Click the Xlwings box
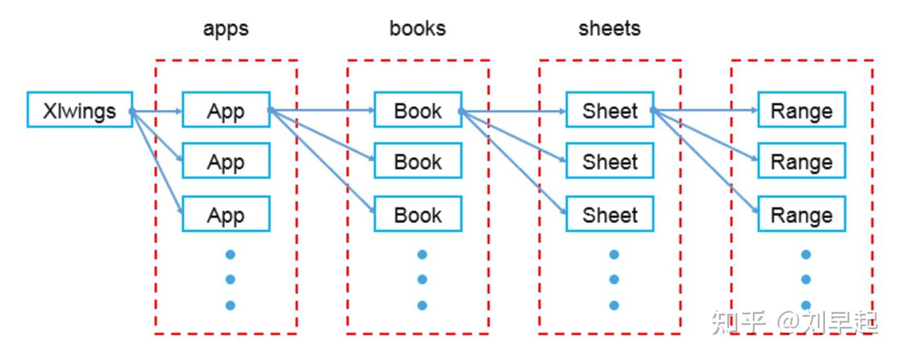tap(80, 110)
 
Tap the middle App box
tap(225, 161)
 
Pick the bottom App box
tap(225, 214)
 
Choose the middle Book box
tap(418, 161)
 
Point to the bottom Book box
tap(418, 214)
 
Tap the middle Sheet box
tap(609, 161)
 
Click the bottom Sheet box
tap(609, 214)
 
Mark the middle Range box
tap(801, 161)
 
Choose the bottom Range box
tap(801, 214)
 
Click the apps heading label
tap(225, 29)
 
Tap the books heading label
tap(418, 28)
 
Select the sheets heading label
tap(609, 28)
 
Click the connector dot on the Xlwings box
tap(132, 111)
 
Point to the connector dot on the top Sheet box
tap(653, 111)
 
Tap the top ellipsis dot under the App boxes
tap(230, 254)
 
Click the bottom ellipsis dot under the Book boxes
tap(422, 306)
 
